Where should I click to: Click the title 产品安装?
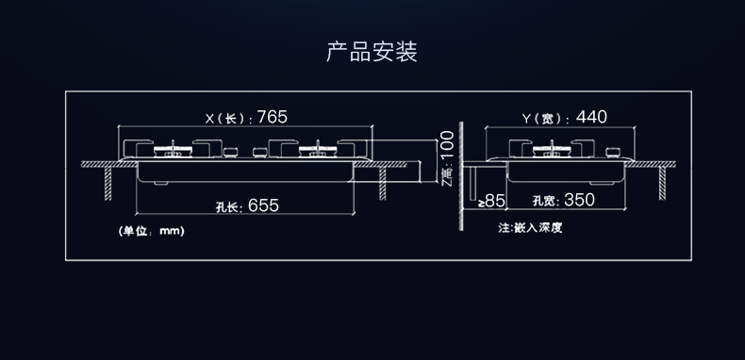372,51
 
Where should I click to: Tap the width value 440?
591,118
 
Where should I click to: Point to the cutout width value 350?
578,201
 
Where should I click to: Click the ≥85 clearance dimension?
491,201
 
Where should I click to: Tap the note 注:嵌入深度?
530,228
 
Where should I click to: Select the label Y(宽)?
544,119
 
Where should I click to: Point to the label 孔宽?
545,202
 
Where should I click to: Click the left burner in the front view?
174,151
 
